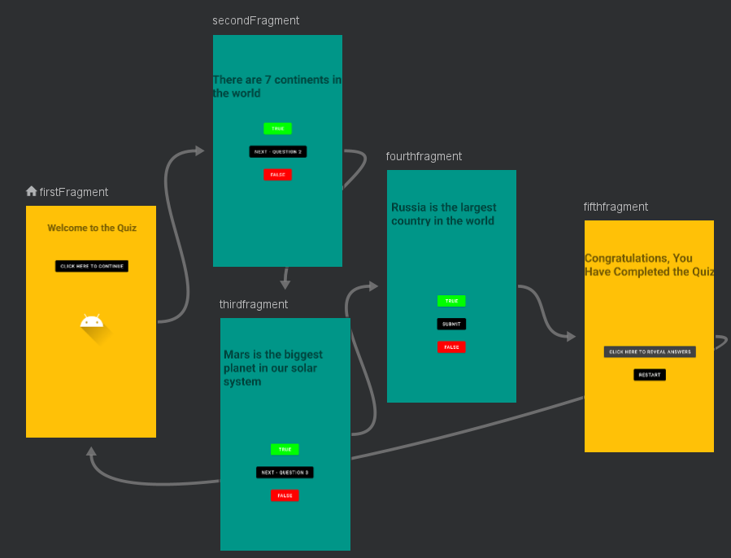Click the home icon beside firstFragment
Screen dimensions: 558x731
[x=32, y=191]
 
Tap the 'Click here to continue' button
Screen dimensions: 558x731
[x=92, y=266]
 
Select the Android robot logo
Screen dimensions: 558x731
[x=92, y=321]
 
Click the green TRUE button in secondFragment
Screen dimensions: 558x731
[x=277, y=129]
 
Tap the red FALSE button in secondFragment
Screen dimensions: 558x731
[x=277, y=174]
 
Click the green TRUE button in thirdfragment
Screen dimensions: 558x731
[x=285, y=449]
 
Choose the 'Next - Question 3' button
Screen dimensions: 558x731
[x=285, y=472]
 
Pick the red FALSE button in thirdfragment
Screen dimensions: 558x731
[x=285, y=495]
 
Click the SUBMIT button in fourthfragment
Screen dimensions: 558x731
[x=451, y=324]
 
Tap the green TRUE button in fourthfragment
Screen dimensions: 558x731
[x=451, y=301]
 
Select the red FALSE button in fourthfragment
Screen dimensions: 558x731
[x=451, y=347]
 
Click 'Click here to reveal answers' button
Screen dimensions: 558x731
[x=650, y=351]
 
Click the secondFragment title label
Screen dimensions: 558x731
[x=255, y=20]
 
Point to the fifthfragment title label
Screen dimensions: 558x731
[x=616, y=207]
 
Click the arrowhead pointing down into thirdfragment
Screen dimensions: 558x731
[x=285, y=284]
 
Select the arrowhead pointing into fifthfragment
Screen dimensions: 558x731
[x=571, y=336]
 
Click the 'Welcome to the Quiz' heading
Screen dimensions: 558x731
[x=92, y=228]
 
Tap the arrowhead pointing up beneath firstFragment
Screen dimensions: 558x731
[x=91, y=451]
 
